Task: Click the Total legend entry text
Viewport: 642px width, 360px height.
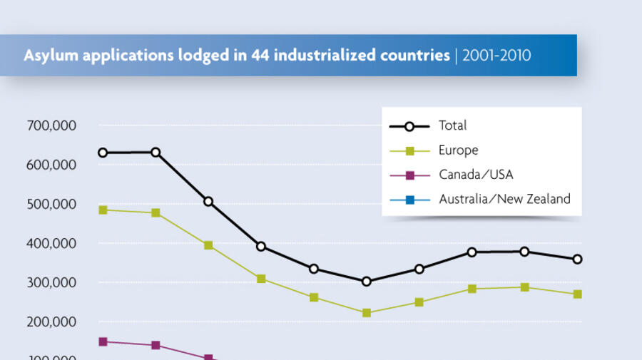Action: (453, 125)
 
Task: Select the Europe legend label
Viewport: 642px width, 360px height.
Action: (459, 150)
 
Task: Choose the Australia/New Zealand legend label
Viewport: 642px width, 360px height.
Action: (504, 199)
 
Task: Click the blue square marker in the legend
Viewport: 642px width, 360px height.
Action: (409, 200)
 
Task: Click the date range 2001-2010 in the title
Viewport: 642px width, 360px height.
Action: (496, 56)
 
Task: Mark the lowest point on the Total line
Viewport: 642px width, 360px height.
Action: (367, 282)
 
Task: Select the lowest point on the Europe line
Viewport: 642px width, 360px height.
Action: (367, 313)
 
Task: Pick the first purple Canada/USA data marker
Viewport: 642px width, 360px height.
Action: (103, 341)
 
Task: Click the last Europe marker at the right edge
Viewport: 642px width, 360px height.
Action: (577, 294)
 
